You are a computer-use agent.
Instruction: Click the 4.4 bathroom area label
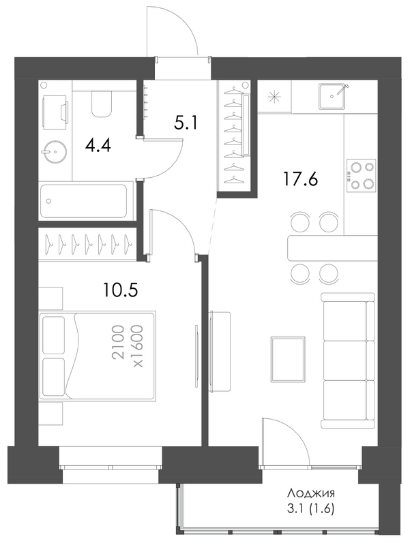point(98,146)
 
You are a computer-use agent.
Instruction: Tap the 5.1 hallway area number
point(186,123)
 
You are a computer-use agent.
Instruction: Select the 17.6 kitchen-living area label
point(301,180)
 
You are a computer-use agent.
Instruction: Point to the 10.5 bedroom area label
point(121,290)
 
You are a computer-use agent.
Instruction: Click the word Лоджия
point(311,493)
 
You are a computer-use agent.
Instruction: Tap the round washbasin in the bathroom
point(55,151)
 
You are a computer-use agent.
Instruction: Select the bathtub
point(84,201)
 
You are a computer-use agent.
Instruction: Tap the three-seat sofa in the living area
point(348,360)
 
